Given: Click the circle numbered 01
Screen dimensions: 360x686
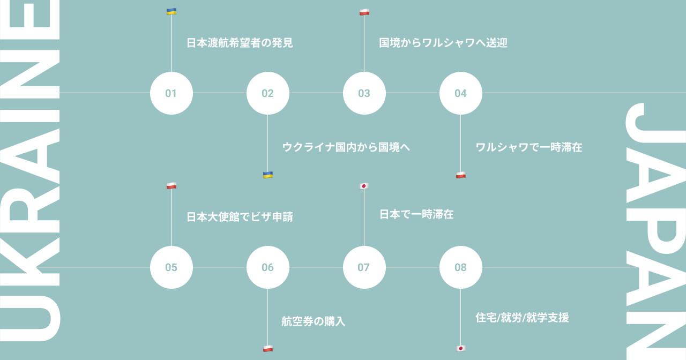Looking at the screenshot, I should [x=171, y=93].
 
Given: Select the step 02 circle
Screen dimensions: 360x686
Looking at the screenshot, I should [x=268, y=93].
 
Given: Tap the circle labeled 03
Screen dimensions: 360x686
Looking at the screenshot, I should [x=364, y=93].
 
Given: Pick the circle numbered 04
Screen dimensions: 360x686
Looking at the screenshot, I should [x=461, y=93].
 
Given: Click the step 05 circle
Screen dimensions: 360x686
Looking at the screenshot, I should [x=171, y=267].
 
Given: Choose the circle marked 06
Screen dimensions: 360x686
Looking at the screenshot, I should [x=268, y=267].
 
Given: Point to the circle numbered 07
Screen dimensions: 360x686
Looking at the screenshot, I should [x=364, y=267].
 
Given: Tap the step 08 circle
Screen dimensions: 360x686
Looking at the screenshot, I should [x=461, y=267].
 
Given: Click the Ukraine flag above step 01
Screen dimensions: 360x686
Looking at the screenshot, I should [x=171, y=11].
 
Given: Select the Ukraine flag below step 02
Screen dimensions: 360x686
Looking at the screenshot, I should [x=268, y=175].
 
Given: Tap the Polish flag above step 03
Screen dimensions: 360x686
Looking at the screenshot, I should [x=364, y=12].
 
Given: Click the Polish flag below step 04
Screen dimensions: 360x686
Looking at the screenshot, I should [x=461, y=175].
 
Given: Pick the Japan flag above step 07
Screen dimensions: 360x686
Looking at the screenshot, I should [x=364, y=186].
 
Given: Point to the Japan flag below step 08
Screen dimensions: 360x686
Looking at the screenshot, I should [x=460, y=348].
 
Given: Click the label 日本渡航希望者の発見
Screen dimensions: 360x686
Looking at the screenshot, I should [x=240, y=43].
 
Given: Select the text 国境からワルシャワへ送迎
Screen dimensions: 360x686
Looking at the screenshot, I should [x=443, y=43].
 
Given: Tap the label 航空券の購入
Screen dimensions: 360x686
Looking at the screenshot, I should [x=314, y=321].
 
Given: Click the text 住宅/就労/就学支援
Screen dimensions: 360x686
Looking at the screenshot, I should [x=522, y=318].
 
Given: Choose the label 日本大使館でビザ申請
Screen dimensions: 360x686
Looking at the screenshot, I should [x=240, y=217].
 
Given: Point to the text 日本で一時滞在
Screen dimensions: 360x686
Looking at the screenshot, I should [x=416, y=214].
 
